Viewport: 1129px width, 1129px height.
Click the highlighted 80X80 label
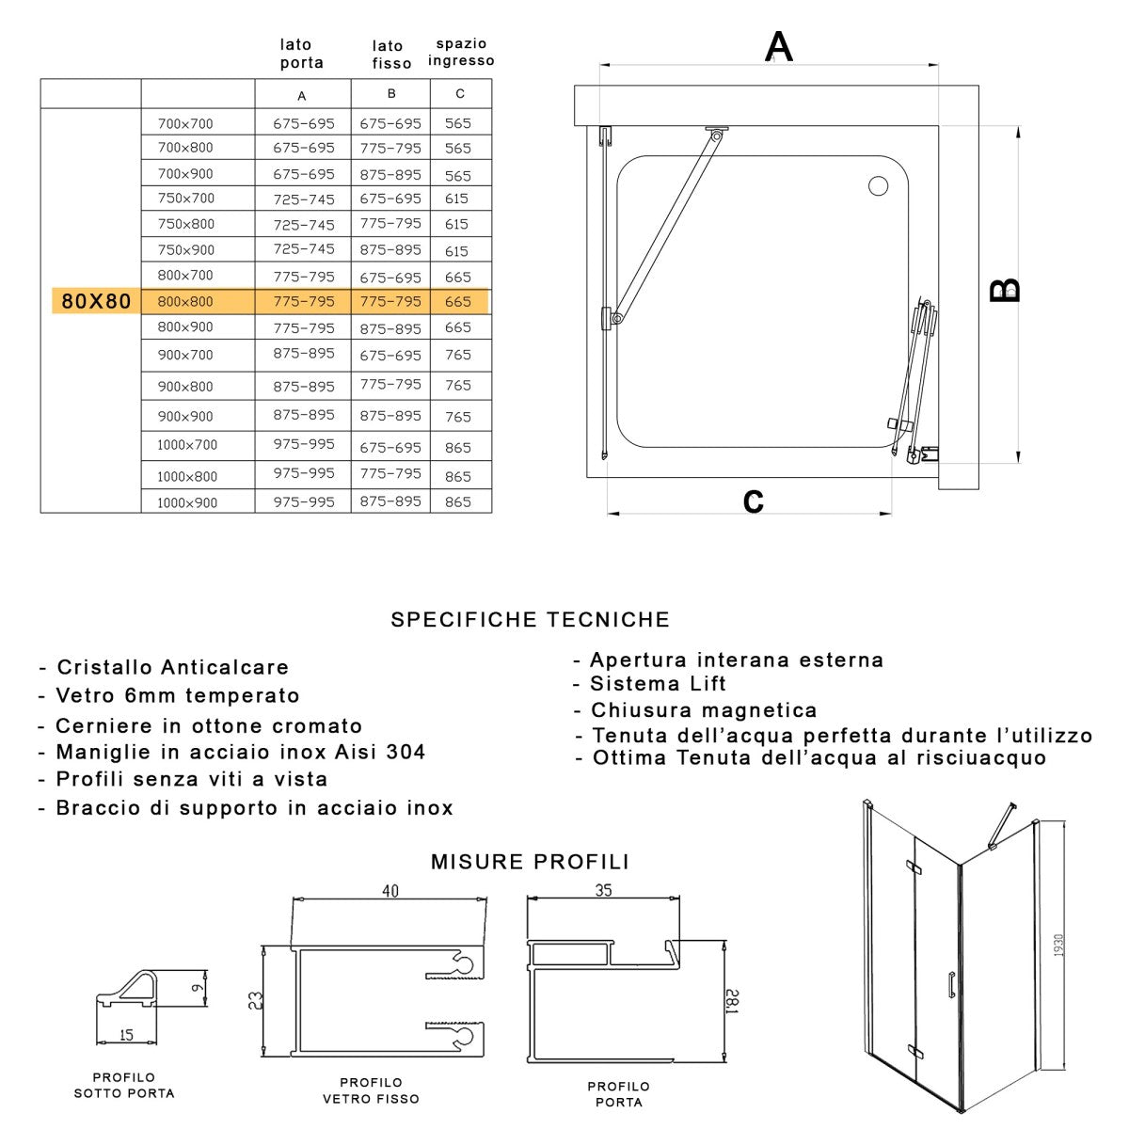point(96,302)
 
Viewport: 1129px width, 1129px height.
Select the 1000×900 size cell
point(186,502)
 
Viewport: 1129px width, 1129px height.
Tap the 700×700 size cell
point(185,123)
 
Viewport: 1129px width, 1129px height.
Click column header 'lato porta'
point(301,54)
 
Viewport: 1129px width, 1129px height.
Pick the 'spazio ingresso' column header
point(461,53)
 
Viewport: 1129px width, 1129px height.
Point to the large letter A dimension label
point(778,46)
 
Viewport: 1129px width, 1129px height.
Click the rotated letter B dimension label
point(1005,289)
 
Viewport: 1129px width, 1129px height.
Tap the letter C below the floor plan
point(753,501)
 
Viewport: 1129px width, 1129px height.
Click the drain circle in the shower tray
point(878,185)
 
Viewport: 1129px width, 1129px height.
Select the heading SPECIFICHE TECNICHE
point(531,620)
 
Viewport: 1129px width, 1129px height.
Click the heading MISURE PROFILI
point(530,862)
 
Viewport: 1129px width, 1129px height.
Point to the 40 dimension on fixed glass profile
point(390,891)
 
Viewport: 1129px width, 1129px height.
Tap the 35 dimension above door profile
point(604,889)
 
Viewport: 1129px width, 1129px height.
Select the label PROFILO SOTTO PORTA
point(124,1085)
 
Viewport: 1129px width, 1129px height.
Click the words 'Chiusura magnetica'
point(703,710)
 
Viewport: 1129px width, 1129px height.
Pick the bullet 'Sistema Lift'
point(658,684)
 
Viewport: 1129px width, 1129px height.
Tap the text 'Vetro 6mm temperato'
point(177,696)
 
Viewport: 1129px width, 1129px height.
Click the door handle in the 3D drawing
point(951,983)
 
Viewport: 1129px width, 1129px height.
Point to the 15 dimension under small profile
point(127,1035)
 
